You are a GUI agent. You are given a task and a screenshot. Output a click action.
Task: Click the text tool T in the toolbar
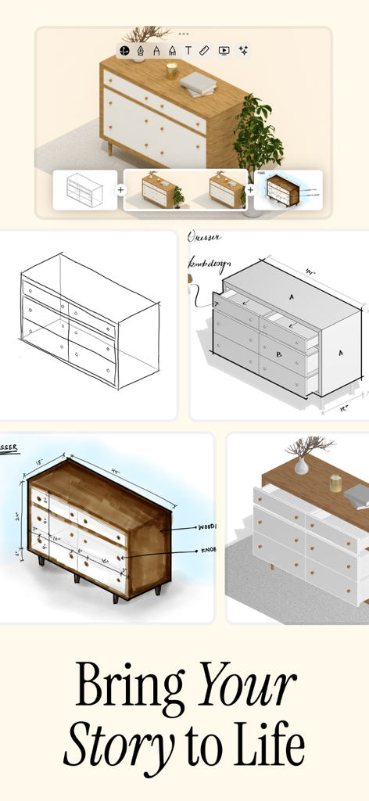click(188, 50)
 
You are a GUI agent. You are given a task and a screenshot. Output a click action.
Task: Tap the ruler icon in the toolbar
click(205, 50)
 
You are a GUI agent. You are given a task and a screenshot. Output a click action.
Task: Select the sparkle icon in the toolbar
click(243, 50)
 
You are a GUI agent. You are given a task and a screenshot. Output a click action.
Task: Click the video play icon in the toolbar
click(224, 50)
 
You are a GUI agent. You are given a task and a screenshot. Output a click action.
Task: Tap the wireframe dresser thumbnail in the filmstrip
click(84, 190)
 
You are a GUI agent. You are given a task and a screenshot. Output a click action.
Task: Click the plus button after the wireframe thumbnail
click(121, 190)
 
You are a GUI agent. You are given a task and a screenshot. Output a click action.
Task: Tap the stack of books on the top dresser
click(198, 82)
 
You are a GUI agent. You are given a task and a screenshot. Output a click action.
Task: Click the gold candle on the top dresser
click(171, 70)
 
